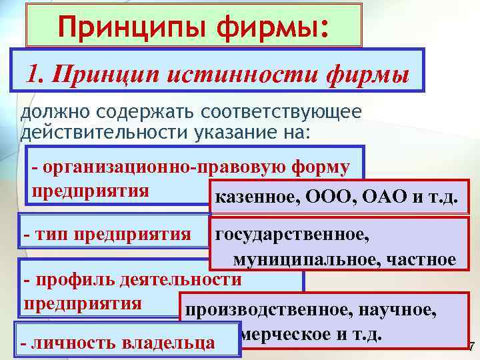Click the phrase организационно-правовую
(x=150, y=167)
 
